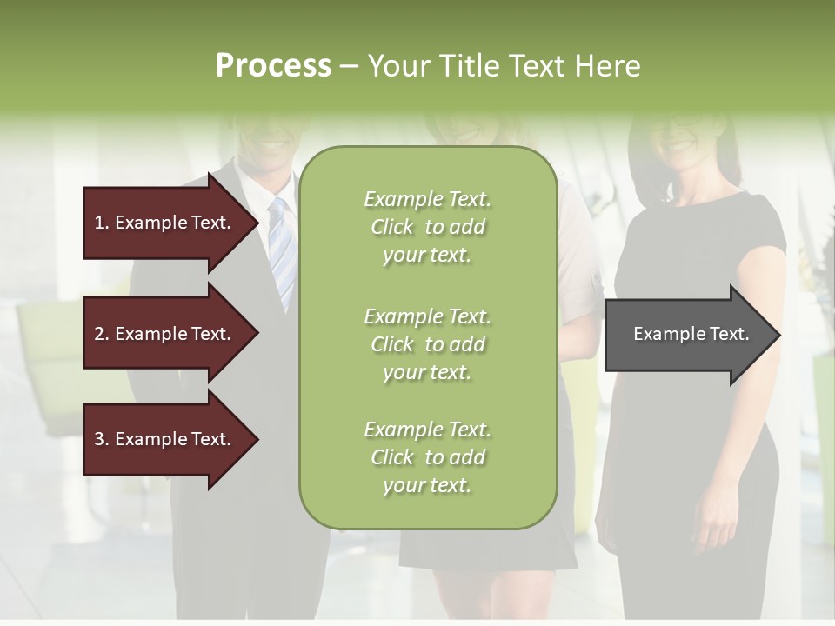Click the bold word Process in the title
[x=273, y=66]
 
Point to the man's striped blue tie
[x=281, y=252]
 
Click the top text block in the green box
[x=427, y=227]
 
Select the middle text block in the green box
[x=427, y=344]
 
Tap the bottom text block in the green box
[x=427, y=457]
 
